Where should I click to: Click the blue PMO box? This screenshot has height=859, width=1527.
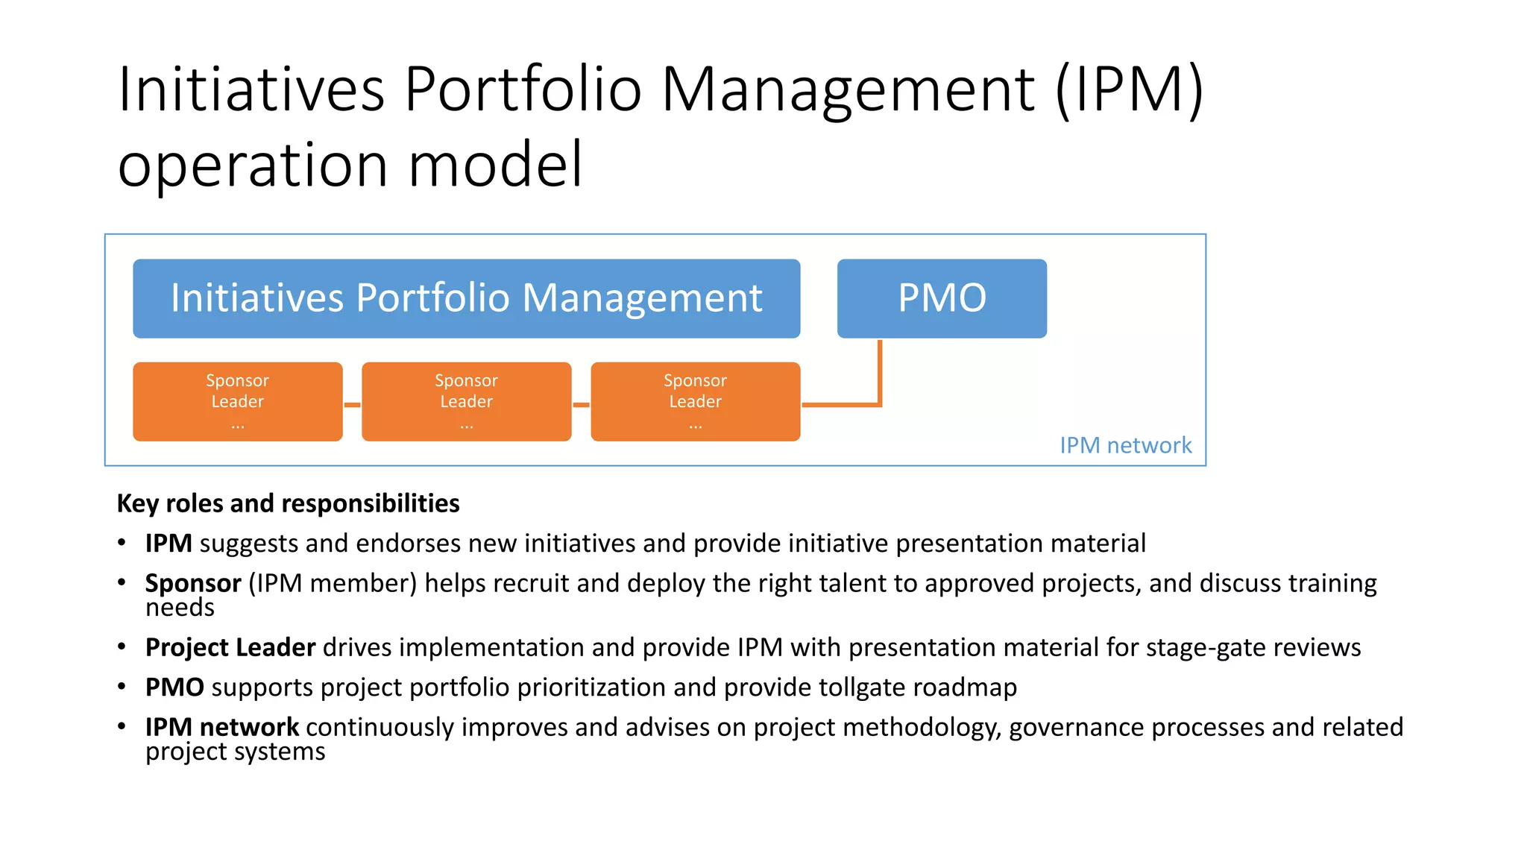tap(942, 298)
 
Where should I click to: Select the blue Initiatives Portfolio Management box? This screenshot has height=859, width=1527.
tap(466, 298)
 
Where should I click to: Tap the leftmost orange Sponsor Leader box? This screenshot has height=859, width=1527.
tap(237, 402)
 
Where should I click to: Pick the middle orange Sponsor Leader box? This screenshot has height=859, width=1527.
tap(466, 402)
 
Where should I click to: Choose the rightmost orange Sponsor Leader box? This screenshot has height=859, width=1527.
tap(695, 402)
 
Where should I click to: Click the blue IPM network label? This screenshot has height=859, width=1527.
tap(1125, 445)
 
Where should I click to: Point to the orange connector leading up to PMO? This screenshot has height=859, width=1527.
tap(880, 373)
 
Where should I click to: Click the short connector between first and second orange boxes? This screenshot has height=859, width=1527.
tap(352, 405)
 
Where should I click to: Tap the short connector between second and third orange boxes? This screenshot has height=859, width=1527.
tap(581, 405)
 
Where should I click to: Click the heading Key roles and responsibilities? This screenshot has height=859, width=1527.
tap(288, 503)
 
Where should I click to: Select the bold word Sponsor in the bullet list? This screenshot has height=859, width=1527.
tap(193, 583)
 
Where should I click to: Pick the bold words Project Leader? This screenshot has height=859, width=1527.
tap(230, 647)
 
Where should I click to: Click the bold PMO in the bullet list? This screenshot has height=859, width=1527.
tap(174, 687)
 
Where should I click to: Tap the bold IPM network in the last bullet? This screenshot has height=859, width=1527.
tap(221, 727)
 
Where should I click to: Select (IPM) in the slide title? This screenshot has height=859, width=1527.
tap(1129, 89)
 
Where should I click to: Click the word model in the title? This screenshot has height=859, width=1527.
tap(495, 165)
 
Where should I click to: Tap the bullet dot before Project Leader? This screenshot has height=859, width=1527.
tap(122, 647)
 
